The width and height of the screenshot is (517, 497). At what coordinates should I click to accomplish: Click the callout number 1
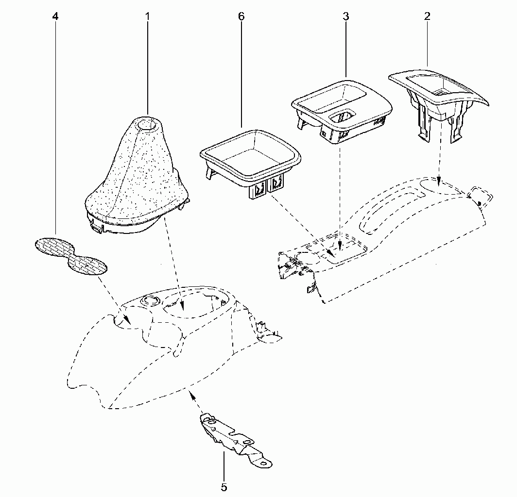coord(147,16)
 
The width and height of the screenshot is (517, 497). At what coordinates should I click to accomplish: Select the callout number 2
coord(427,16)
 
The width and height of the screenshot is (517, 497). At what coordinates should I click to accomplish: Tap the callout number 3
coord(345,16)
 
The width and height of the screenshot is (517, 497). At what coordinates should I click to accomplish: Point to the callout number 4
coord(55,16)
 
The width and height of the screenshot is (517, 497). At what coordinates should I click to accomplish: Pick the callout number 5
coord(224,487)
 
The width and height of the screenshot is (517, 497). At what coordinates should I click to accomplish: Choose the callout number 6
coord(241,16)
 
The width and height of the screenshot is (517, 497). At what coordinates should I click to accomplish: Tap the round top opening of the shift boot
coord(147,125)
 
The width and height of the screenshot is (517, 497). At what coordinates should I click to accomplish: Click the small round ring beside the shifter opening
coord(150,300)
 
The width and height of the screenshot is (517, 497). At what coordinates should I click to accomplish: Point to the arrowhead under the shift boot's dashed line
coord(182,306)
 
